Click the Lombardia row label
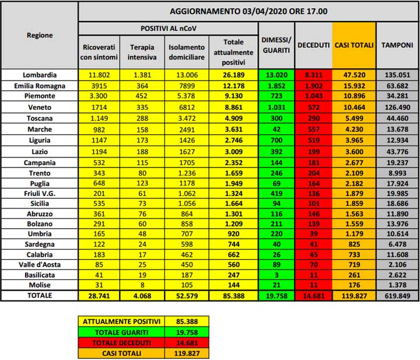(x=40, y=75)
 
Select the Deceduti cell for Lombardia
(x=313, y=75)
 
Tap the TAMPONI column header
(x=397, y=45)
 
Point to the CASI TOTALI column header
(x=354, y=45)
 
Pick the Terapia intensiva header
(x=142, y=51)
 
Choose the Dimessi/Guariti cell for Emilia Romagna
(x=276, y=86)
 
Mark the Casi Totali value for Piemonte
(x=354, y=96)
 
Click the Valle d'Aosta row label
(x=40, y=264)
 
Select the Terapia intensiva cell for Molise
(x=142, y=284)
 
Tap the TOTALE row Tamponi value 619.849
(x=397, y=296)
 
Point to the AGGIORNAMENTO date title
(x=249, y=11)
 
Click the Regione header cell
(x=40, y=35)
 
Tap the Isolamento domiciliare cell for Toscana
(x=186, y=118)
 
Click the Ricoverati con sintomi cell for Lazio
(x=99, y=151)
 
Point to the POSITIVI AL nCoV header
(x=168, y=28)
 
